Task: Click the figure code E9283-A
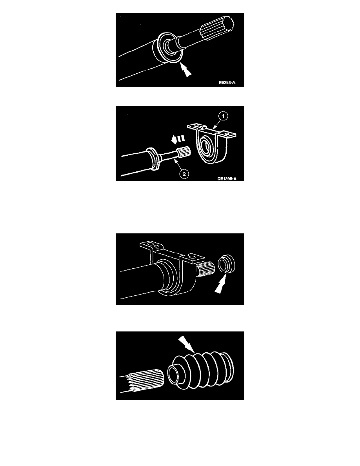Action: pos(227,82)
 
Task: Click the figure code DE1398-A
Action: pos(227,178)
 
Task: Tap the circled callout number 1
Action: pos(223,116)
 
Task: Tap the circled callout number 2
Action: pos(184,174)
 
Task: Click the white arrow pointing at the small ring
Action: pos(220,284)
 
